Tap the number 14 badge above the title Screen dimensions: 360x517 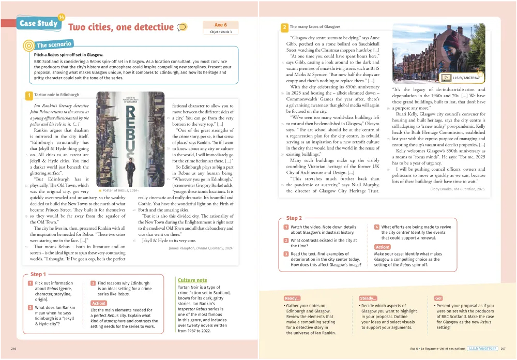[62, 17]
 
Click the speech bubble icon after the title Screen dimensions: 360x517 [181, 27]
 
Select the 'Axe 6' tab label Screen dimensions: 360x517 [220, 25]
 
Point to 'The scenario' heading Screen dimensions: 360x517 [54, 45]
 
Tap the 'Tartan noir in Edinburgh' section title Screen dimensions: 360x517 [56, 95]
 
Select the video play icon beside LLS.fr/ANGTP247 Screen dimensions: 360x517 [445, 78]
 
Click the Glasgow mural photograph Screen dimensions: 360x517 [439, 54]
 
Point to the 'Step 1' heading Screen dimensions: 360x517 [38, 274]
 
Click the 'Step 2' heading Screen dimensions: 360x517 [294, 218]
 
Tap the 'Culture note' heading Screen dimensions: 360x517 [192, 280]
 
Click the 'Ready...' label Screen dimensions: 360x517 [292, 298]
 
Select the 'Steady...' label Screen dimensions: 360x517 [368, 298]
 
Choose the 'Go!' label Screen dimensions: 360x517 [438, 298]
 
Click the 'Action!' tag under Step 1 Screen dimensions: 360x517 [98, 303]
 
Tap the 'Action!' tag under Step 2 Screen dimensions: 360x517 [382, 247]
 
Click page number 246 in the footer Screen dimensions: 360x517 [14, 349]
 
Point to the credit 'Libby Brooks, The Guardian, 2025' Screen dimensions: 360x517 [458, 189]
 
